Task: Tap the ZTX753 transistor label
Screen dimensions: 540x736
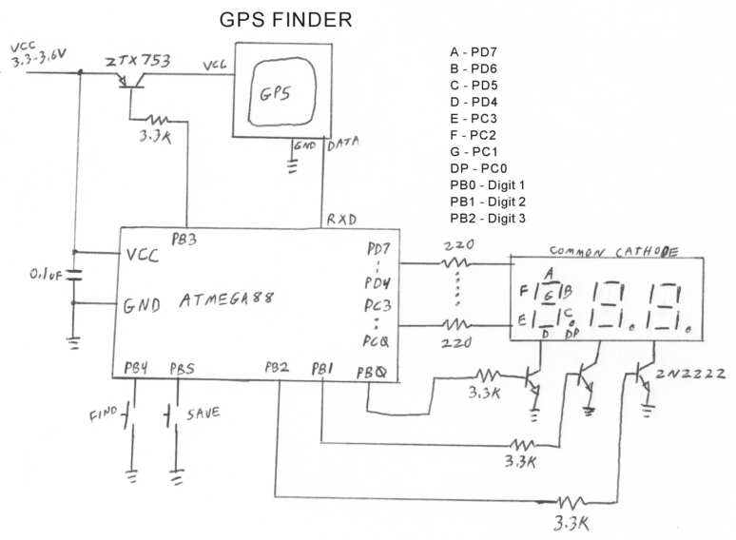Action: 138,62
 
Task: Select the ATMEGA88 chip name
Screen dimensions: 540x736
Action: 226,299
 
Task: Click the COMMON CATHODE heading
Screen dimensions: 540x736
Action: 614,252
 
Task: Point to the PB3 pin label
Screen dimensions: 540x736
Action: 183,241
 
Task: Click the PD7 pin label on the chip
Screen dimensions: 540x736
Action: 378,250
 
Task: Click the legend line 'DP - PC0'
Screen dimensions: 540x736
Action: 478,167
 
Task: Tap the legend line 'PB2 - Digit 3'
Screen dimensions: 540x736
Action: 488,219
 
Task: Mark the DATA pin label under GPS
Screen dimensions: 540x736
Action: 342,145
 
